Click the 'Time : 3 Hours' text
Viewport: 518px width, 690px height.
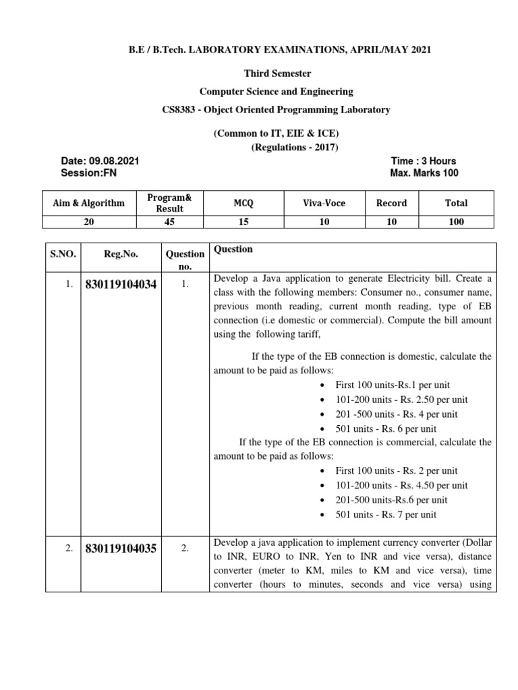(x=423, y=161)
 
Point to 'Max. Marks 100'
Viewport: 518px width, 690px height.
(x=424, y=173)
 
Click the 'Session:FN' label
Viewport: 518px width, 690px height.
(x=88, y=173)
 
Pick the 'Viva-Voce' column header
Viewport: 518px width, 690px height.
(x=324, y=203)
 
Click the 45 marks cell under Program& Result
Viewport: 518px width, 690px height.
(x=169, y=222)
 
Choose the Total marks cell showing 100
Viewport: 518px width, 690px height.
(x=456, y=222)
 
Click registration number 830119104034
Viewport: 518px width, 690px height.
(x=121, y=285)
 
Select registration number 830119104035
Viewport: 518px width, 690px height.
(x=121, y=549)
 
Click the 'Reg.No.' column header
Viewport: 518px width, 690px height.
(x=121, y=254)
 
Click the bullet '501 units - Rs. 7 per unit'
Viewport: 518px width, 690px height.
(x=385, y=515)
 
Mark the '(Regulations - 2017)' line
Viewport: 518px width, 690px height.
(x=295, y=148)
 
